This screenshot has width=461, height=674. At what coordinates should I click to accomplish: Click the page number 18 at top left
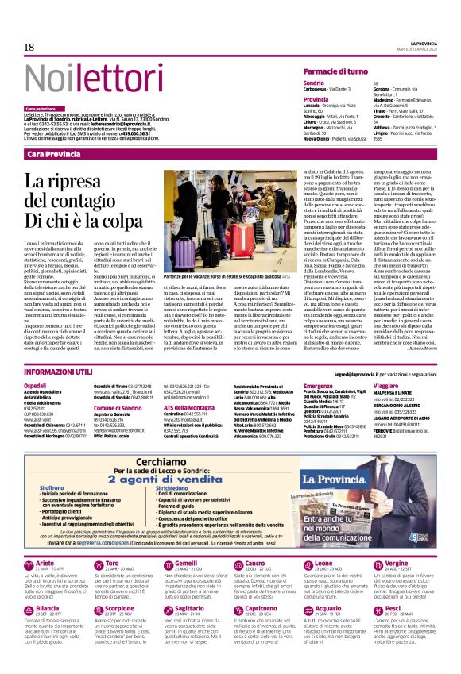[x=29, y=48]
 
